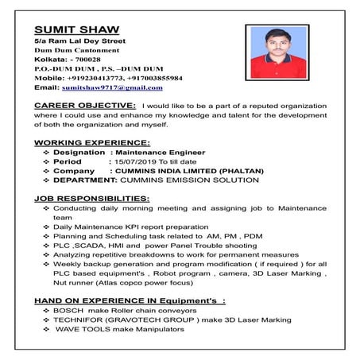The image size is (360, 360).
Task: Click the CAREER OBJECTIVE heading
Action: (85, 105)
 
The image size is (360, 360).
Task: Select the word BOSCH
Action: (68, 312)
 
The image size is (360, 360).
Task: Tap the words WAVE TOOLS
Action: (79, 331)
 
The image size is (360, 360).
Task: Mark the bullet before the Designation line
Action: (46, 152)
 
